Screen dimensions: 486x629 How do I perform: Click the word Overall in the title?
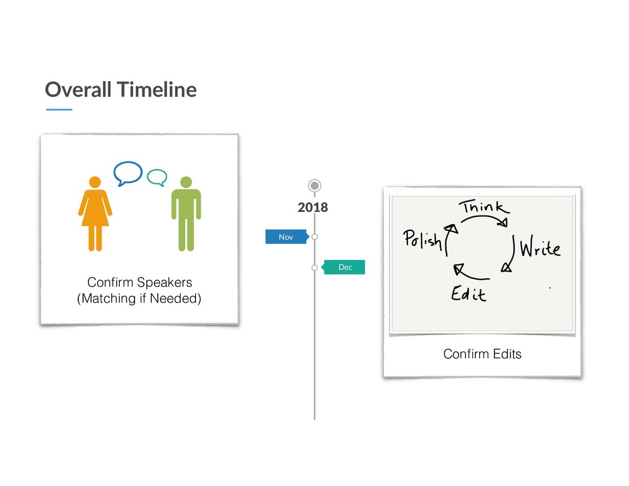(78, 90)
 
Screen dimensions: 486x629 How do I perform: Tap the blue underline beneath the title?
(59, 109)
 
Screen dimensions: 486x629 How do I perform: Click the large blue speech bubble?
(128, 173)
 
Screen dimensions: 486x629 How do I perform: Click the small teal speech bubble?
(157, 177)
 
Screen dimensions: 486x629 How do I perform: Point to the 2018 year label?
(313, 208)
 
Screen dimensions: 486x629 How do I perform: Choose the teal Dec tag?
(345, 267)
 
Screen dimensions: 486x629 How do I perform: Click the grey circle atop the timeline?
(314, 185)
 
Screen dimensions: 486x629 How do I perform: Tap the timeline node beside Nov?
(314, 237)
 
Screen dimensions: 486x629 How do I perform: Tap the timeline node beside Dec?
(314, 267)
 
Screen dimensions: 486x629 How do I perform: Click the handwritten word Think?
(482, 208)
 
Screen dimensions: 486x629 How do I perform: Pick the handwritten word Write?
(540, 249)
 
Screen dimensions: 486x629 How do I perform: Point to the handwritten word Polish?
(423, 238)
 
